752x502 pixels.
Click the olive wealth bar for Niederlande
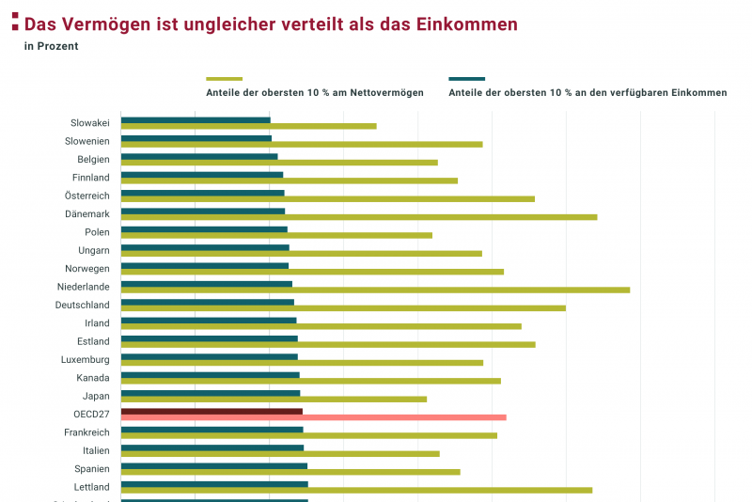point(376,290)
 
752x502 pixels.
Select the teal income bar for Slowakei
point(196,119)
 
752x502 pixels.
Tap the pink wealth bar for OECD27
point(313,417)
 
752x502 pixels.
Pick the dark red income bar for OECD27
point(211,411)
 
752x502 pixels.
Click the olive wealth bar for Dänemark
point(359,217)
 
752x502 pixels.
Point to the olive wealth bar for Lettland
point(356,490)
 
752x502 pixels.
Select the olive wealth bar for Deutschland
point(343,308)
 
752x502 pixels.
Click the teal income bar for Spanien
point(214,465)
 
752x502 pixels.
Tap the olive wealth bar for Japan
point(274,399)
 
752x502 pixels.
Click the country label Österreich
point(87,196)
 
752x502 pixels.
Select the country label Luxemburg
point(86,359)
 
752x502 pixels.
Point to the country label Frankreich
point(86,432)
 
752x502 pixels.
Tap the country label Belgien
point(93,159)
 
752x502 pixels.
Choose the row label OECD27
point(91,414)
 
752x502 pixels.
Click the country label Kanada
point(93,378)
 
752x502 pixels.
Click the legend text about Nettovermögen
point(314,93)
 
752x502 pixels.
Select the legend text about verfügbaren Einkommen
point(587,93)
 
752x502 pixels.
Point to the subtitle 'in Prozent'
point(52,45)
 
